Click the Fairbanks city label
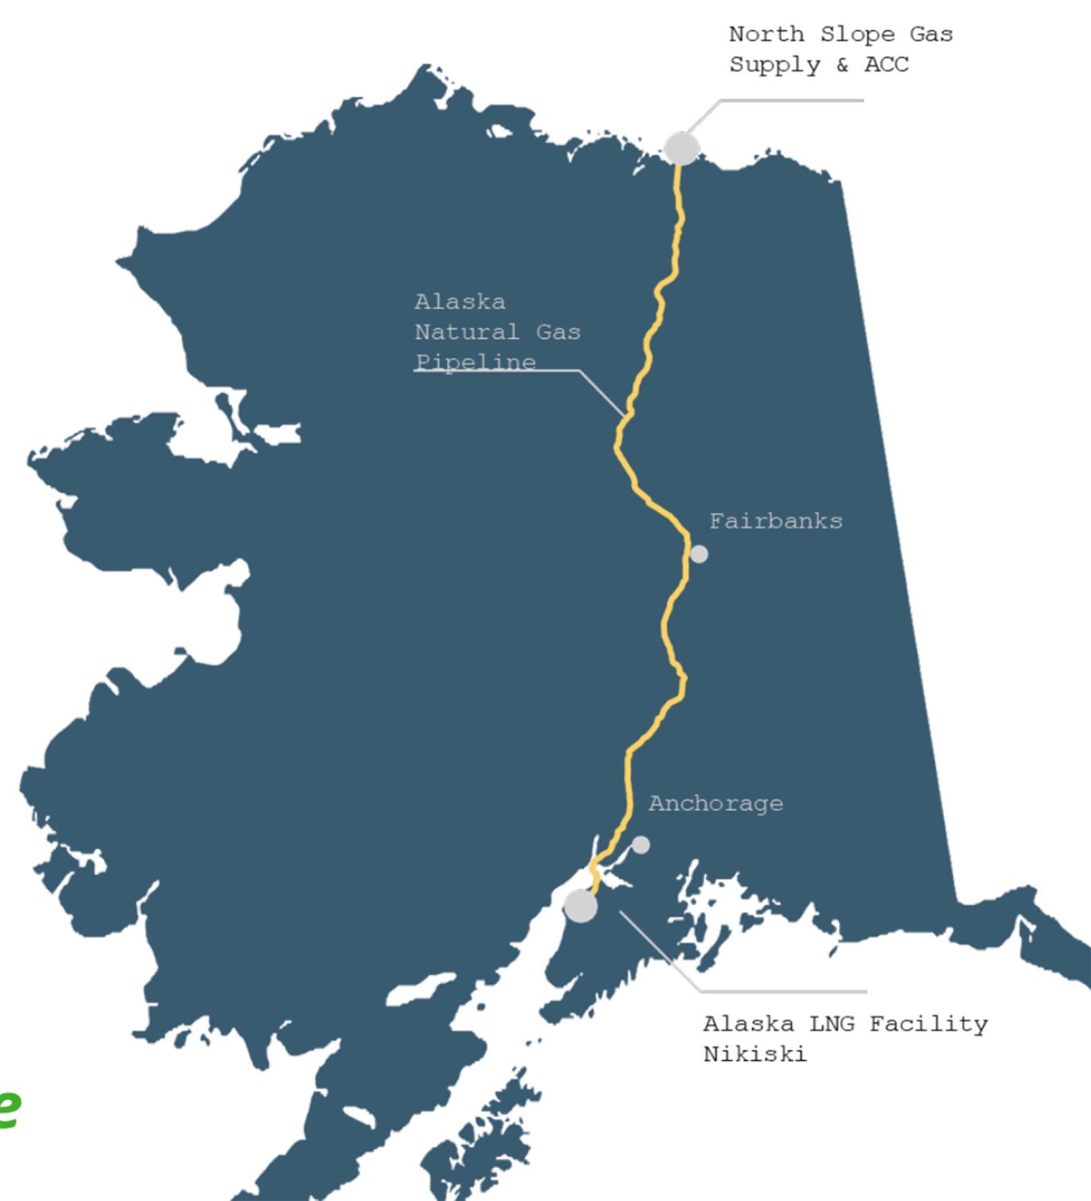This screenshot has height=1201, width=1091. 775,521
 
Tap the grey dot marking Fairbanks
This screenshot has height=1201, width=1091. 698,554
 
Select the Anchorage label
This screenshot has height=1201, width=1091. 716,803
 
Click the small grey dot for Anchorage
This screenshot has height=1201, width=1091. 640,845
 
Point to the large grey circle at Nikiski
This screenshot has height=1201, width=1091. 580,906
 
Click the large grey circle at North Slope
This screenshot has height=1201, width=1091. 681,149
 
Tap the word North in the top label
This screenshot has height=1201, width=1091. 767,34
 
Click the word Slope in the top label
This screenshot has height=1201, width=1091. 857,34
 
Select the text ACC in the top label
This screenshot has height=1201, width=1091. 886,64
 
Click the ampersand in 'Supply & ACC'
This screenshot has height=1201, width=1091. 842,64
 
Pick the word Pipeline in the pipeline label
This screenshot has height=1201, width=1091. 476,362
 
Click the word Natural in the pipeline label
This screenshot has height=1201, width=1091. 467,332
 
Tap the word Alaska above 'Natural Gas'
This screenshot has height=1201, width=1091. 460,302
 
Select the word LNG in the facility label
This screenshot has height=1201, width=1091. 831,1024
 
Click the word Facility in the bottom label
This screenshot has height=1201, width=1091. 928,1024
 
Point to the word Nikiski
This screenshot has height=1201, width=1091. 755,1055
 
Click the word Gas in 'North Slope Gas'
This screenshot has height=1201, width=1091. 931,34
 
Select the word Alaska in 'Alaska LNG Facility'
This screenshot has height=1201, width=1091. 748,1024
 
